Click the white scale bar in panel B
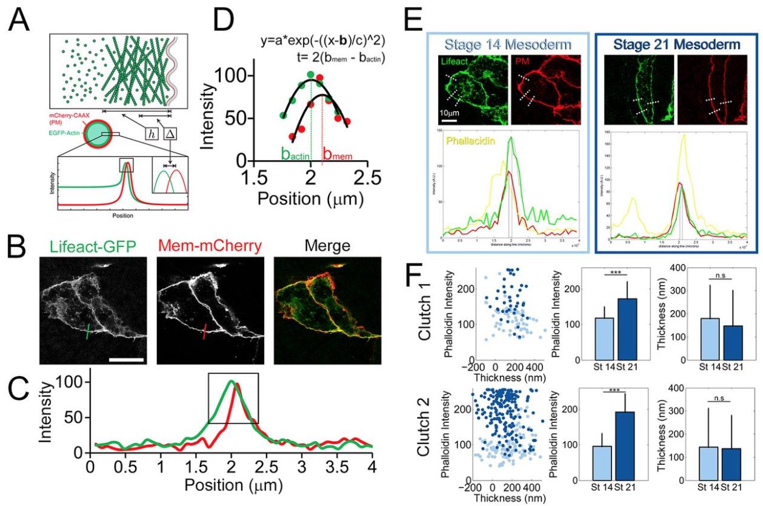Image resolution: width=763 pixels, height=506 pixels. [x=125, y=360]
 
